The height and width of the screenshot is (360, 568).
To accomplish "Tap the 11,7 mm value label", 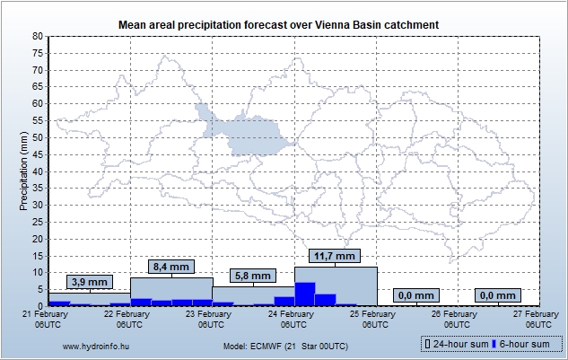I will click(x=336, y=256).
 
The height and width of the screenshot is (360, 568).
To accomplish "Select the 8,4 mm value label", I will click(x=171, y=267).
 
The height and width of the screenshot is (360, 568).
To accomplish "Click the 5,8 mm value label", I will click(x=254, y=276).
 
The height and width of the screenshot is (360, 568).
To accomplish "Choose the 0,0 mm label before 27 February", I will click(x=498, y=295).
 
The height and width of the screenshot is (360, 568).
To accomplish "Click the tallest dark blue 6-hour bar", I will click(x=305, y=294).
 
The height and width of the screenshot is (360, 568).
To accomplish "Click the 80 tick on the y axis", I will click(x=38, y=36).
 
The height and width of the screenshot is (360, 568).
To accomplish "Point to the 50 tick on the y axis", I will click(x=38, y=137).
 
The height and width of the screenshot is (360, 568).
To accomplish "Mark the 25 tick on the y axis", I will click(x=38, y=222).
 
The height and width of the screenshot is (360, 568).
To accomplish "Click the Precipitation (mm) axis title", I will click(x=23, y=171).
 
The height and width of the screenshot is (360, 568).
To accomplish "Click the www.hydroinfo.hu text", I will click(x=92, y=346).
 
